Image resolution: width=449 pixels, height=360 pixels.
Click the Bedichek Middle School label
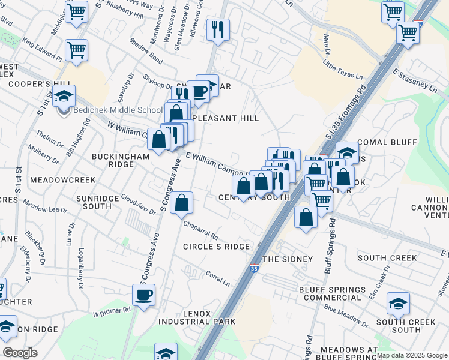coord(118,110)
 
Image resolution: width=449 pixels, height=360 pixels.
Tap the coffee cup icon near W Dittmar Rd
coord(144,295)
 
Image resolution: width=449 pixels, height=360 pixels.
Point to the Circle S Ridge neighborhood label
coord(216,247)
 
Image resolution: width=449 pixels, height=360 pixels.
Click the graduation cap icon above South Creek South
coord(397,304)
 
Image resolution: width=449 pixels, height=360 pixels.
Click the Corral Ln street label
coord(218,277)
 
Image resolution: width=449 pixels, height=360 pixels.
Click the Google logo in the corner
coord(20,353)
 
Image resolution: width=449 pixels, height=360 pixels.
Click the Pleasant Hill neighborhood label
coord(224,118)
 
